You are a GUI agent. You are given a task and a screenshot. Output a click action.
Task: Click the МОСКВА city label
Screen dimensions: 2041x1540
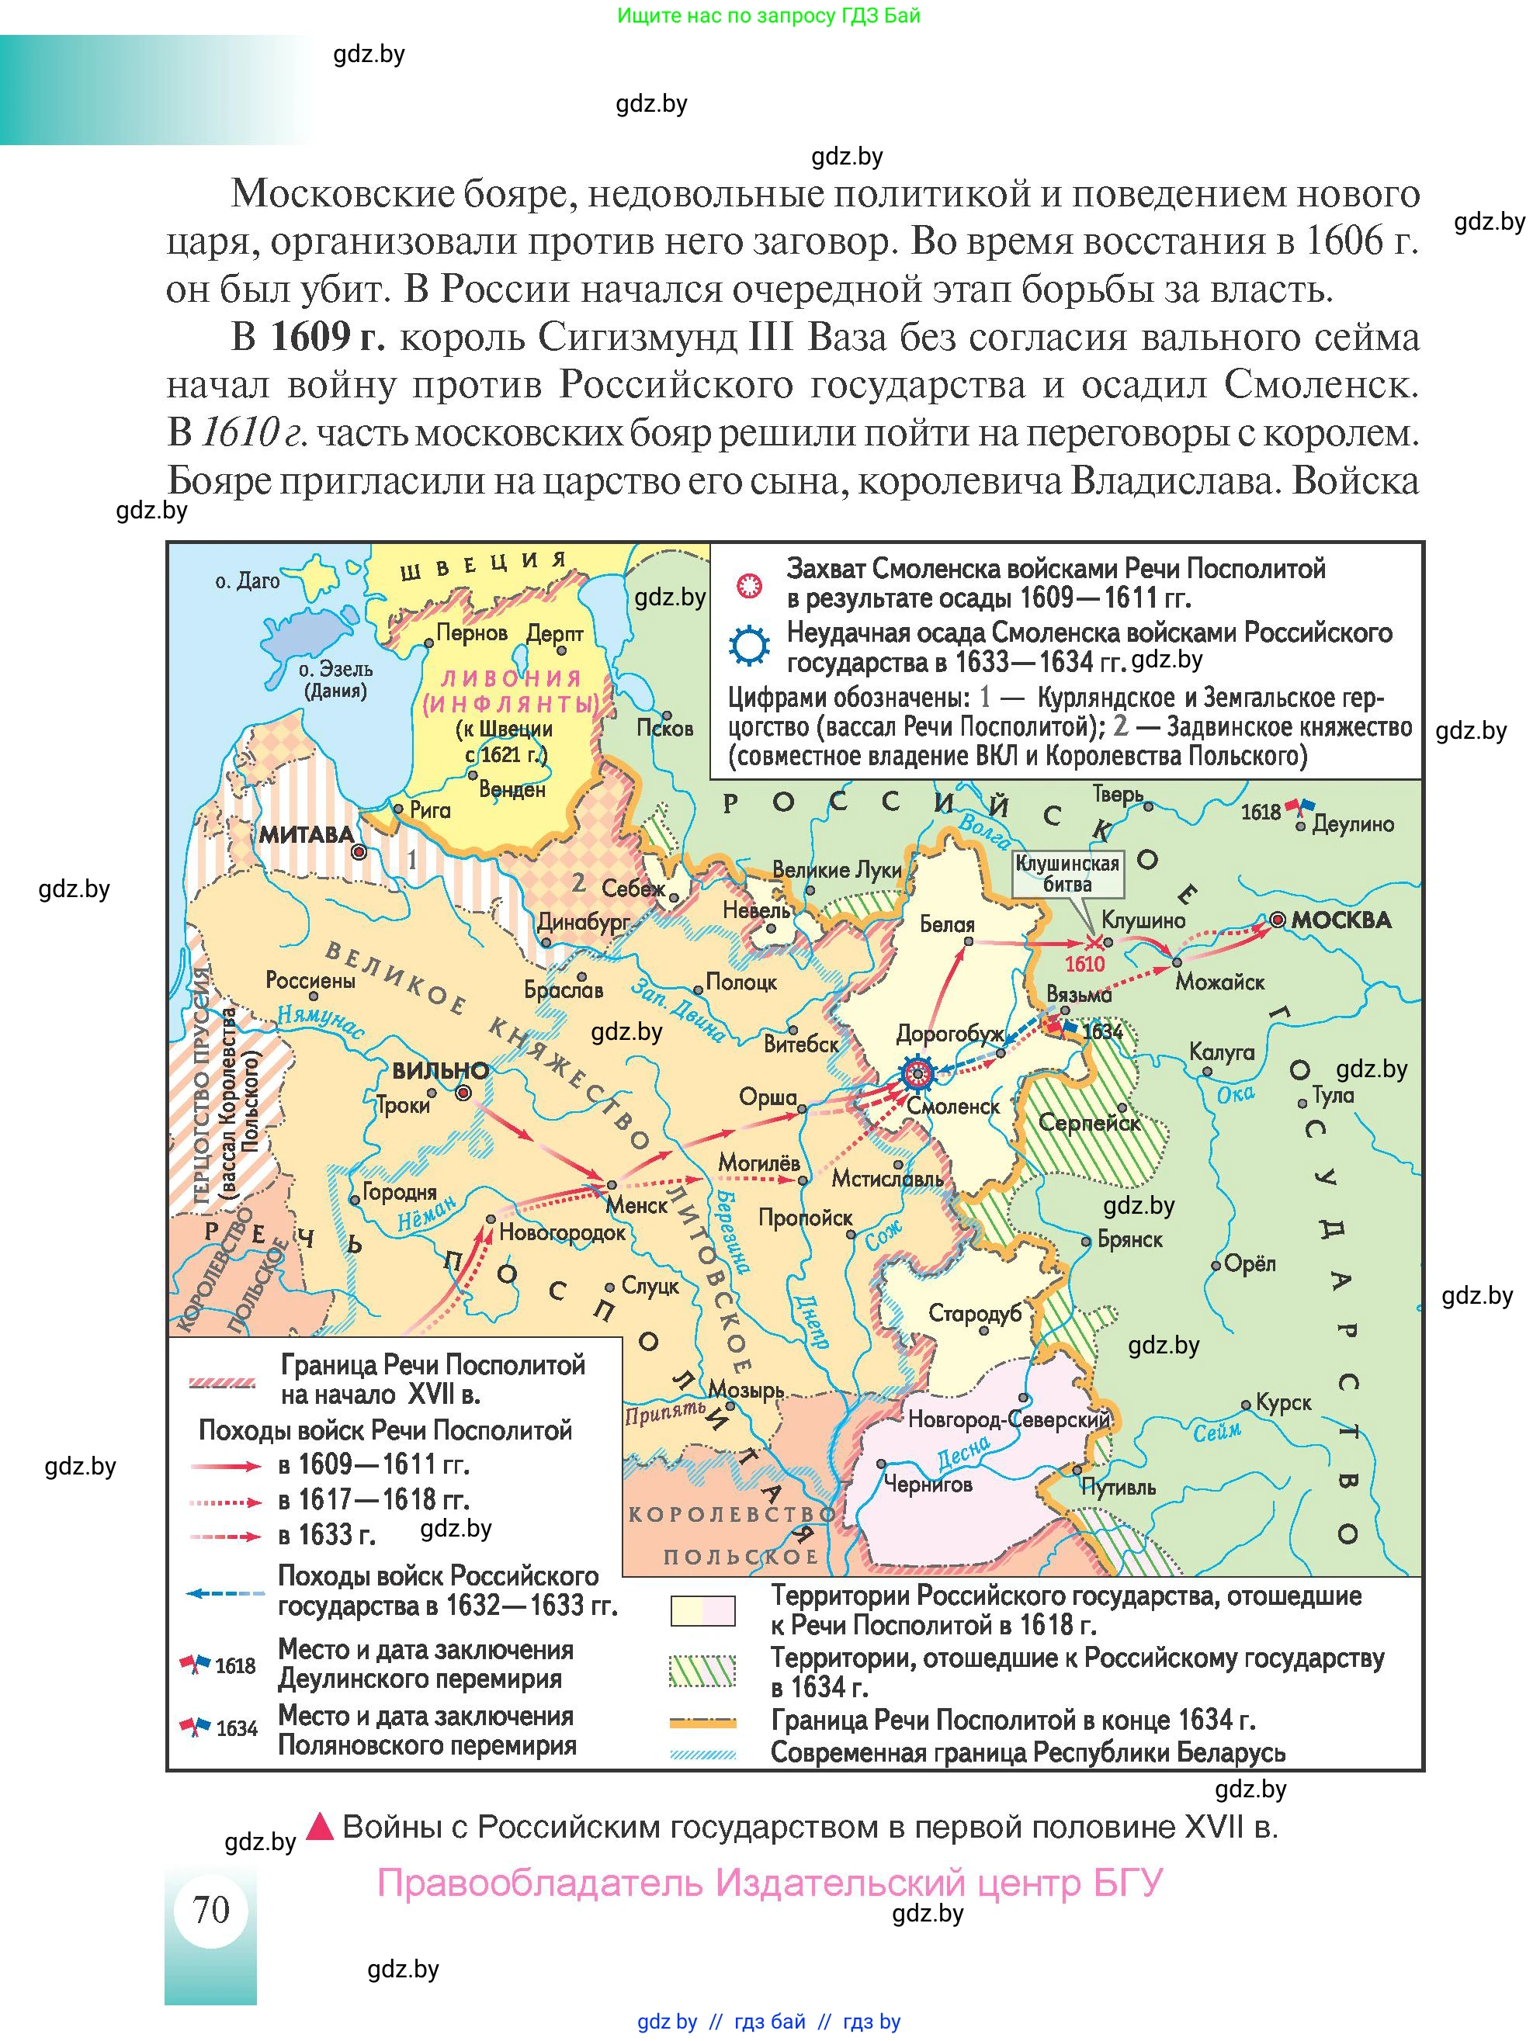[1340, 920]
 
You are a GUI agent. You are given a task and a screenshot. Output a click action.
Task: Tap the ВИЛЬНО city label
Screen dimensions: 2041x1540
[440, 1071]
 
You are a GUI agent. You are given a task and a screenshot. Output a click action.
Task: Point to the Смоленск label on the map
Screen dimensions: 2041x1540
[953, 1107]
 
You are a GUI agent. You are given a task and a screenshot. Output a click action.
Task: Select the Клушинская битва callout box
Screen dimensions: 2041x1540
[1067, 873]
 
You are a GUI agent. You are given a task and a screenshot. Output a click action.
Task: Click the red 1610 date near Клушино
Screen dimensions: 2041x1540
[1084, 964]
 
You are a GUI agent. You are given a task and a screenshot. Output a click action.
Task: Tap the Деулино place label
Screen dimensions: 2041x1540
[1353, 824]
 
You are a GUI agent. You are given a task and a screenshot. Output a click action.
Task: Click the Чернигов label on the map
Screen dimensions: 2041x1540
[928, 1484]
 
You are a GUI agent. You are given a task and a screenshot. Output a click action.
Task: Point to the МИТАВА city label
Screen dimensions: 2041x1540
[305, 835]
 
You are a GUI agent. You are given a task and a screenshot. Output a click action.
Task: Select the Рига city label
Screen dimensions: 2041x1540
[430, 810]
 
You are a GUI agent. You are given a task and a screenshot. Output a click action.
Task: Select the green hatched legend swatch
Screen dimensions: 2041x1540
[703, 1671]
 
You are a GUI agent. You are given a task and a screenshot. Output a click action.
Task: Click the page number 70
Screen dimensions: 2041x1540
[211, 1909]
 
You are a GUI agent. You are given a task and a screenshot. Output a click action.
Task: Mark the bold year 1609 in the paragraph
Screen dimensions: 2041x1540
[311, 337]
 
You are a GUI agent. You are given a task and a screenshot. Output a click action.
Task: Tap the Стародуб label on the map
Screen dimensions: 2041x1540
[974, 1312]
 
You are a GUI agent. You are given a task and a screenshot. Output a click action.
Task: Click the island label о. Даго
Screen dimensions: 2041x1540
[246, 581]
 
